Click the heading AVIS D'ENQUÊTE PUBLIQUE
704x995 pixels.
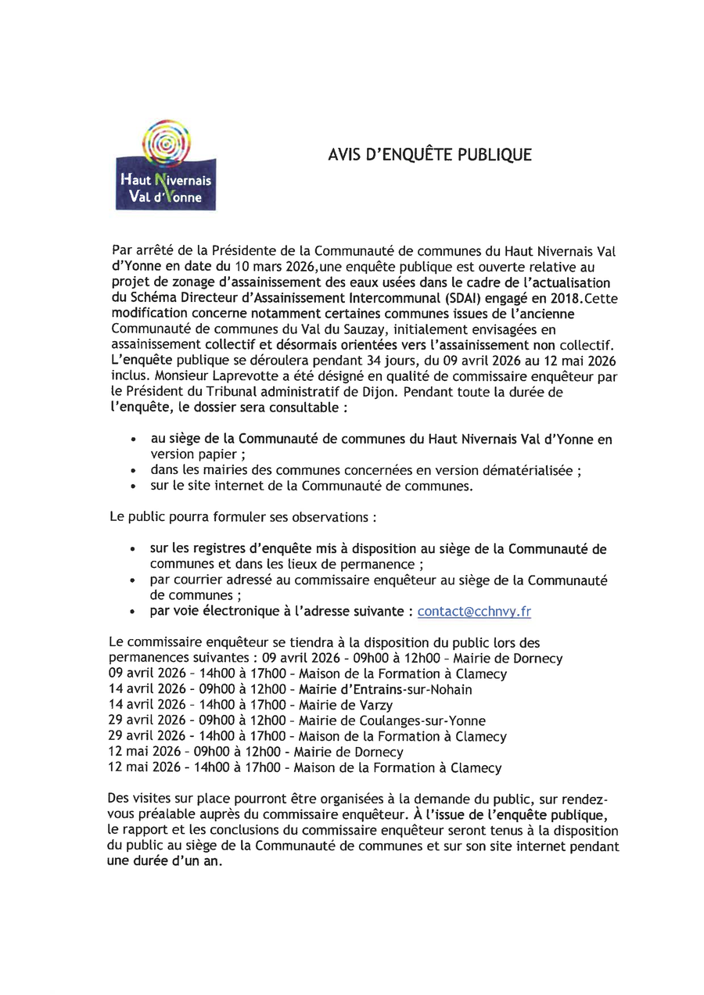pyautogui.click(x=429, y=155)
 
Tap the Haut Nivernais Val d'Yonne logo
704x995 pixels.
pyautogui.click(x=166, y=167)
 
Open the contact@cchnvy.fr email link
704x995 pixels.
pyautogui.click(x=474, y=612)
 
